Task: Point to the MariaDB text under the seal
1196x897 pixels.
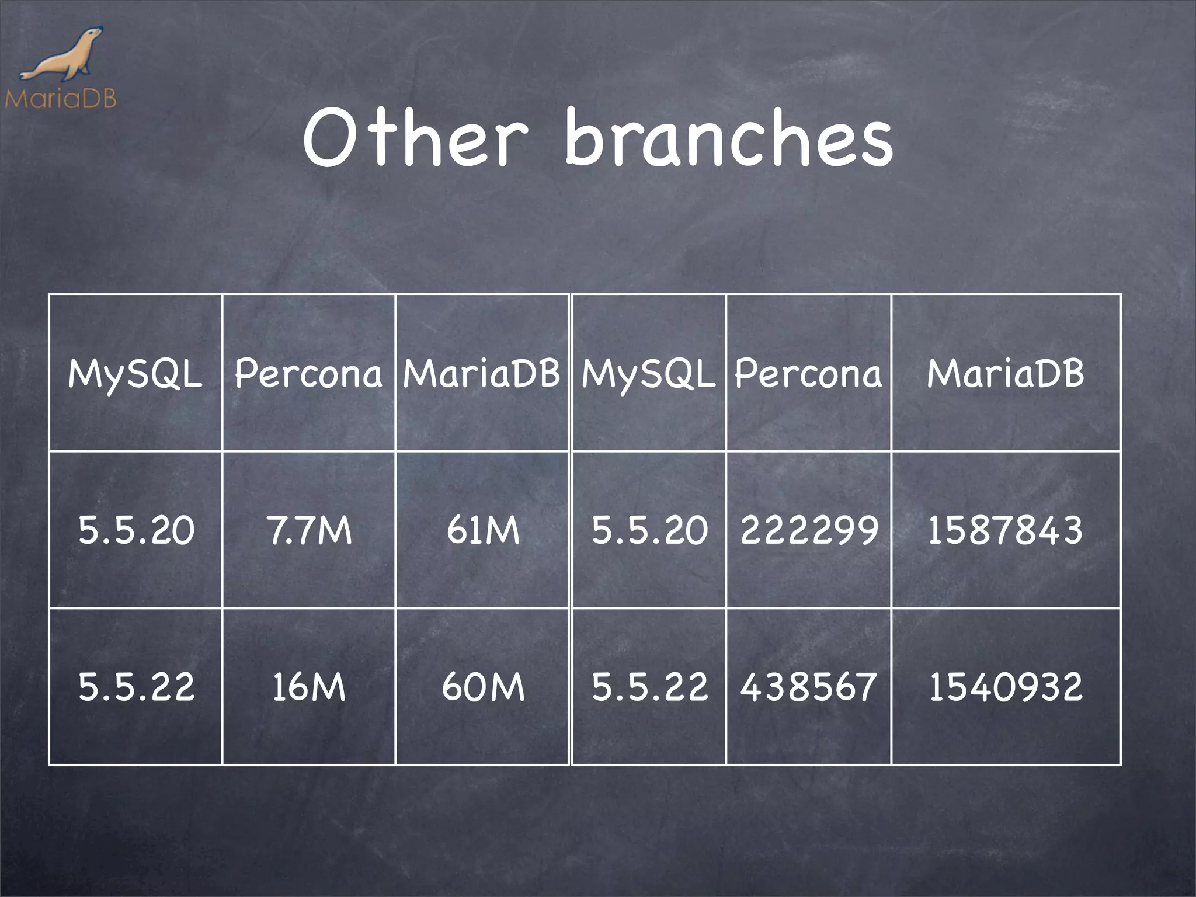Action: point(61,98)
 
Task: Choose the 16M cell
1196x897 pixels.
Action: point(308,687)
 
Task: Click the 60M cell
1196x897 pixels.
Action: point(483,687)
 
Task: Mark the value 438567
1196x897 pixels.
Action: point(809,687)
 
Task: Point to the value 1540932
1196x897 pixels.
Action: point(1005,687)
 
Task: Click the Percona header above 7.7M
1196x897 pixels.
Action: point(308,374)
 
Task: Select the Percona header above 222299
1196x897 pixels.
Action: point(809,374)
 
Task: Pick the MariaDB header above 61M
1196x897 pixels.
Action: point(482,374)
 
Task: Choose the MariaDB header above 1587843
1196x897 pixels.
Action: point(1005,374)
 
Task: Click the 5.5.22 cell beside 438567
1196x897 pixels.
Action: point(649,687)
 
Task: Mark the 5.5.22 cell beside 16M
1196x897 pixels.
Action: point(136,687)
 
